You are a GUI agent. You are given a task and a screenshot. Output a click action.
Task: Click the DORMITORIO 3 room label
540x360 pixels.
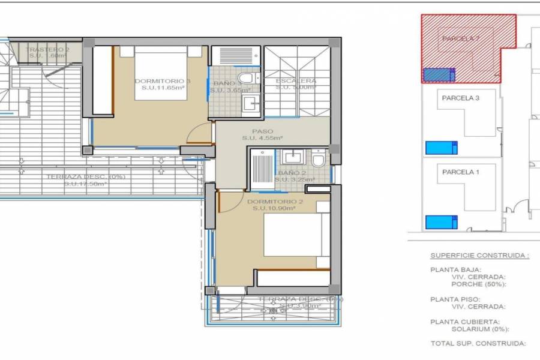pyautogui.click(x=154, y=81)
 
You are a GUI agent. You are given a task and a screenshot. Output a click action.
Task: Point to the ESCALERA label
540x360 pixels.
pyautogui.click(x=295, y=81)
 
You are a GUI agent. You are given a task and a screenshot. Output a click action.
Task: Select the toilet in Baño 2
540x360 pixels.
pyautogui.click(x=318, y=159)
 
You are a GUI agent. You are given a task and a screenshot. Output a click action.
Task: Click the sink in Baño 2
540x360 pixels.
pyautogui.click(x=293, y=157)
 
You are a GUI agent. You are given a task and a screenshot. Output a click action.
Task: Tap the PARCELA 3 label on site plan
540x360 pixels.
pyautogui.click(x=460, y=98)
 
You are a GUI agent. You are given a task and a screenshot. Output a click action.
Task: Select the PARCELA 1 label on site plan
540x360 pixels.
pyautogui.click(x=460, y=172)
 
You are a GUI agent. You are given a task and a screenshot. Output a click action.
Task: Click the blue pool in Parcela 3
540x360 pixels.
pyautogui.click(x=441, y=148)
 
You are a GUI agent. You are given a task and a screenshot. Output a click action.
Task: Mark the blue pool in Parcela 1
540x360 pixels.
pyautogui.click(x=441, y=222)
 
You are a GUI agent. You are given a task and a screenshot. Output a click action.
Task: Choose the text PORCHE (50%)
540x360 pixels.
pyautogui.click(x=479, y=284)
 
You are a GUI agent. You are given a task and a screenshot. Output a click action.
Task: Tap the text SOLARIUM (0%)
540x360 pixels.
pyautogui.click(x=480, y=329)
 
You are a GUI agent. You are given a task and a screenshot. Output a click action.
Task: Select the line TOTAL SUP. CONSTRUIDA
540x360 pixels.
pyautogui.click(x=478, y=343)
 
